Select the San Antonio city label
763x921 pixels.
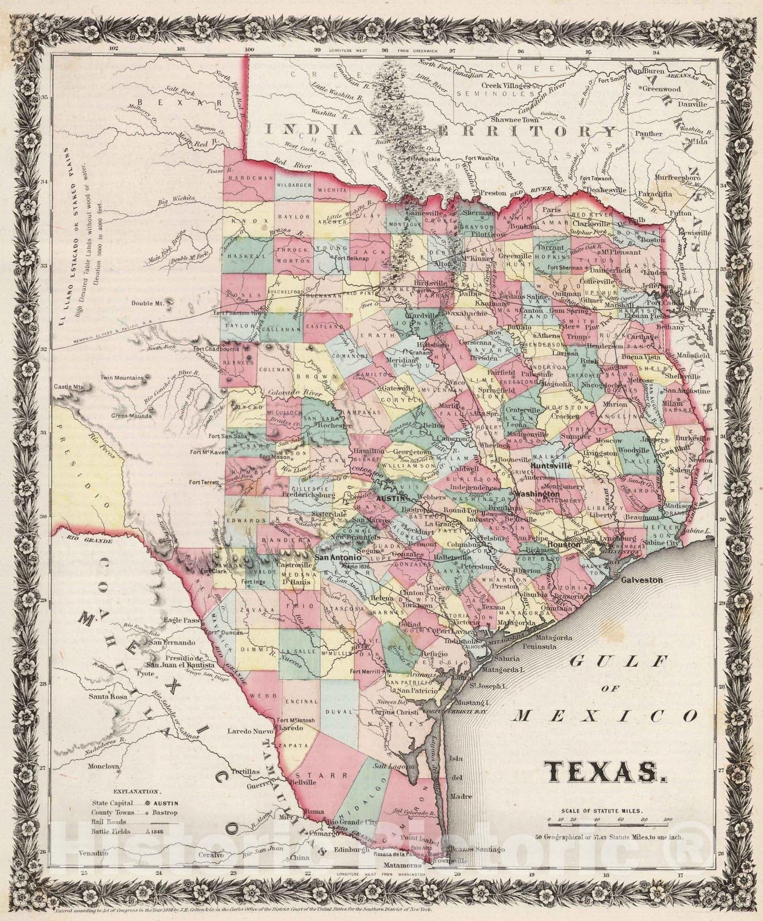(x=337, y=558)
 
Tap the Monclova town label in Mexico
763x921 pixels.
(x=104, y=767)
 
